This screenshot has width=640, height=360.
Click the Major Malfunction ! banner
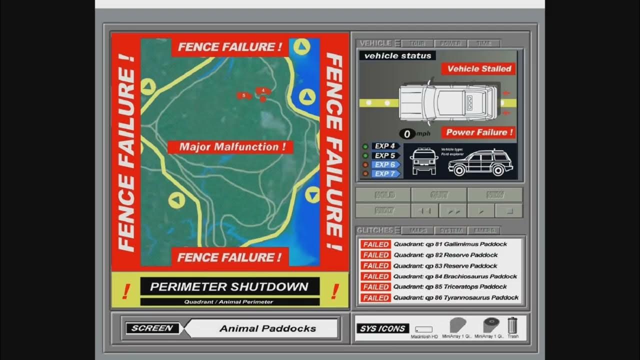point(230,147)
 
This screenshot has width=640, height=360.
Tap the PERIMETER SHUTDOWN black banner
point(229,287)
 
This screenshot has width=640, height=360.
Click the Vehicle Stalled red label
point(478,69)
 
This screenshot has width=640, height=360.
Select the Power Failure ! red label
point(478,132)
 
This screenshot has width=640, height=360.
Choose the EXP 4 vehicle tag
point(385,146)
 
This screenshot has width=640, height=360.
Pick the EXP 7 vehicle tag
point(385,174)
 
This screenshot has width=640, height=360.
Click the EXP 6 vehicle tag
point(385,164)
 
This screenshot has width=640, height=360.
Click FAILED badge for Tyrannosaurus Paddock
point(375,298)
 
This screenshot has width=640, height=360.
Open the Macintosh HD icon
point(424,330)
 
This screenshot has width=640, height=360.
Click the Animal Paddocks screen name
point(267,328)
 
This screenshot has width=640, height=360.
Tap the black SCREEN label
point(152,328)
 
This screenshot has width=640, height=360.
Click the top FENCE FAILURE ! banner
point(230,47)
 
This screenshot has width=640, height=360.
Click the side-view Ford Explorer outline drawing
point(478,162)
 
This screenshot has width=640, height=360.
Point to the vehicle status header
point(397,56)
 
